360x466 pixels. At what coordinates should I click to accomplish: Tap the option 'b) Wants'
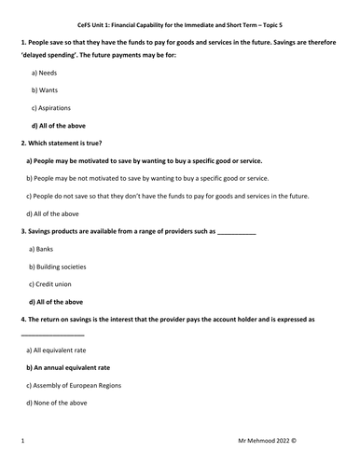(x=47, y=89)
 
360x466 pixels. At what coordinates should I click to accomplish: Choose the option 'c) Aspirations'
(x=54, y=107)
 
